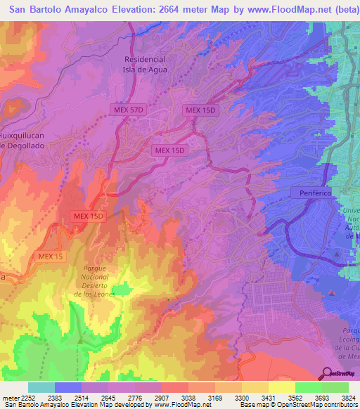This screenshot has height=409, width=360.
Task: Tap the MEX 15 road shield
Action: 51,257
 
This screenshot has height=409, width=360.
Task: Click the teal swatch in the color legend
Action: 41,387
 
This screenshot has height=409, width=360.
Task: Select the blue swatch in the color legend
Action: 68,387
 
